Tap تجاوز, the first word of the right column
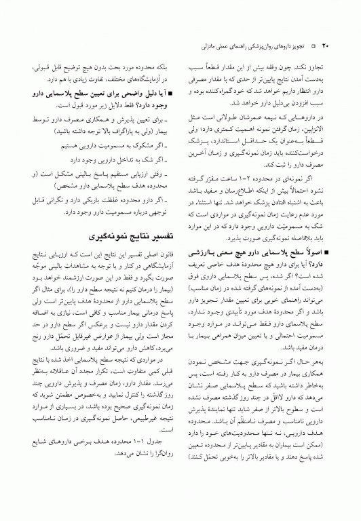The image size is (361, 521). pos(318,67)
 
